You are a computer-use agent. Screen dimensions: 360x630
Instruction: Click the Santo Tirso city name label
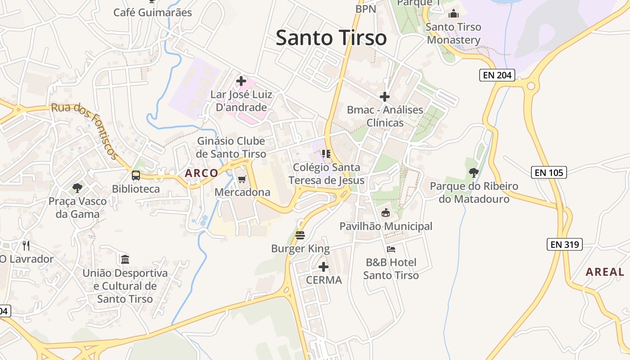tap(331, 38)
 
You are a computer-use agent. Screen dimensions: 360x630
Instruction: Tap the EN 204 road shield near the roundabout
tap(497, 75)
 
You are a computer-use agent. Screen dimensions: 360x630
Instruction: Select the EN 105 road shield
tap(549, 172)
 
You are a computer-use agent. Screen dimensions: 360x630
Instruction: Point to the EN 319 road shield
tap(565, 244)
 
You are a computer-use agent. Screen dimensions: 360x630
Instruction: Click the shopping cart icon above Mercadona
tap(242, 180)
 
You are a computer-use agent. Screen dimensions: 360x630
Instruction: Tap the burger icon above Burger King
tap(300, 235)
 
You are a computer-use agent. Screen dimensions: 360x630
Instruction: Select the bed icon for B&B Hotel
tap(391, 249)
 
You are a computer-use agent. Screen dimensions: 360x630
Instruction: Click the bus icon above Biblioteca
tap(135, 175)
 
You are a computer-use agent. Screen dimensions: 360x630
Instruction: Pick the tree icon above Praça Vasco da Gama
tap(77, 188)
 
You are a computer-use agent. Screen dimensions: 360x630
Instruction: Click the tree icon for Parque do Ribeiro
tap(473, 172)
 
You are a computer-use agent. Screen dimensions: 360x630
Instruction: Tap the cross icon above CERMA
tap(323, 267)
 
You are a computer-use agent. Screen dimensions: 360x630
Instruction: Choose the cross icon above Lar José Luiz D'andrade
tap(241, 81)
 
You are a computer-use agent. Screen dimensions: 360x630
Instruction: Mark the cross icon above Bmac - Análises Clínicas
tap(385, 97)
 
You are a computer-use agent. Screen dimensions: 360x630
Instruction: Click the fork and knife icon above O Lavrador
tap(26, 245)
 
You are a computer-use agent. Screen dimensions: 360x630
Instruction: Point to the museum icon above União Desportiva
tap(125, 259)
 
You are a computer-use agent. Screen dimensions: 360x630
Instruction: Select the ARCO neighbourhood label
tap(201, 173)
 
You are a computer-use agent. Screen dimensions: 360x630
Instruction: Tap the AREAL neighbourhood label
tap(607, 272)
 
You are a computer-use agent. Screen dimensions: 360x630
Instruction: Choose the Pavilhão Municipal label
tap(386, 226)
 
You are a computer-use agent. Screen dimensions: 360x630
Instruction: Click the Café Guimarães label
tap(153, 12)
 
